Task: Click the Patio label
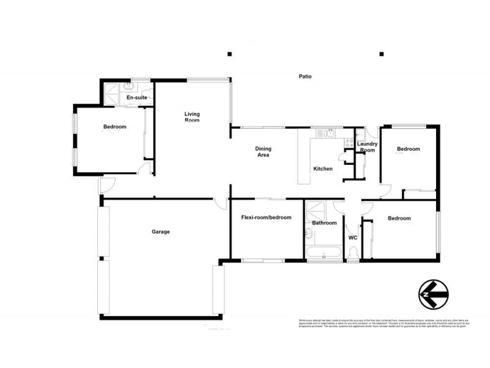(305, 77)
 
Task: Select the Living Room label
(192, 117)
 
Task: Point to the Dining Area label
(263, 151)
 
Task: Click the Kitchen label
(323, 169)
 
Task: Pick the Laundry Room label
(367, 147)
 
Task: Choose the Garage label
(160, 232)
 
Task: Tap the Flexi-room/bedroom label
(266, 218)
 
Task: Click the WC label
(352, 237)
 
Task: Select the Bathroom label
(324, 223)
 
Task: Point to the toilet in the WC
(352, 254)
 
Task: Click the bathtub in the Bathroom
(323, 253)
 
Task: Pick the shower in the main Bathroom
(317, 207)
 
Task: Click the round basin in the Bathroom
(308, 233)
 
